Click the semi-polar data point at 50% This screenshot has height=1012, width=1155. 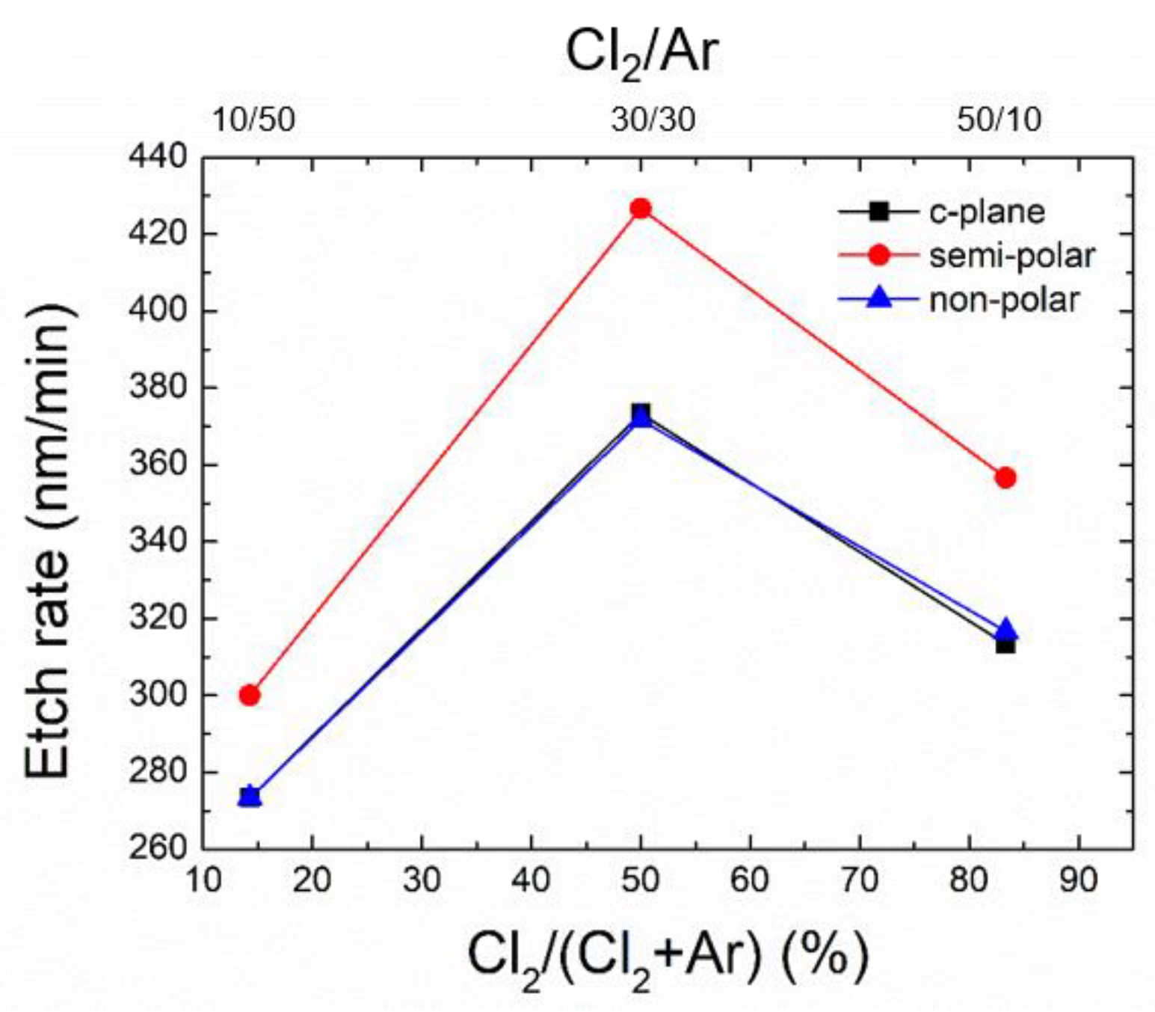[x=641, y=209]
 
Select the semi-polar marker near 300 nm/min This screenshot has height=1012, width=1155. [x=250, y=695]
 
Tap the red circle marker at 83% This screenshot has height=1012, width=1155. [x=1005, y=477]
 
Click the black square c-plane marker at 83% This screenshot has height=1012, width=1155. [x=1005, y=644]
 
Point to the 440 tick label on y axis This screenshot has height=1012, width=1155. [x=158, y=158]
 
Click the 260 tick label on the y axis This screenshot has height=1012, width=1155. [x=158, y=848]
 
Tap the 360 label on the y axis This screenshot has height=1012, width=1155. [x=158, y=464]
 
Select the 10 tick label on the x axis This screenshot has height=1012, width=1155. [x=203, y=880]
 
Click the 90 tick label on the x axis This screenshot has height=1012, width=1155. [x=1078, y=880]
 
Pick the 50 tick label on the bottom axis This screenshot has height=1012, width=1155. [x=641, y=880]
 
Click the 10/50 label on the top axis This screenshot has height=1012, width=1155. [x=253, y=120]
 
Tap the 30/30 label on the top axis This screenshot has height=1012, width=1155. [x=653, y=120]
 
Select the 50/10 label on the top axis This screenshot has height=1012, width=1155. [x=999, y=120]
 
